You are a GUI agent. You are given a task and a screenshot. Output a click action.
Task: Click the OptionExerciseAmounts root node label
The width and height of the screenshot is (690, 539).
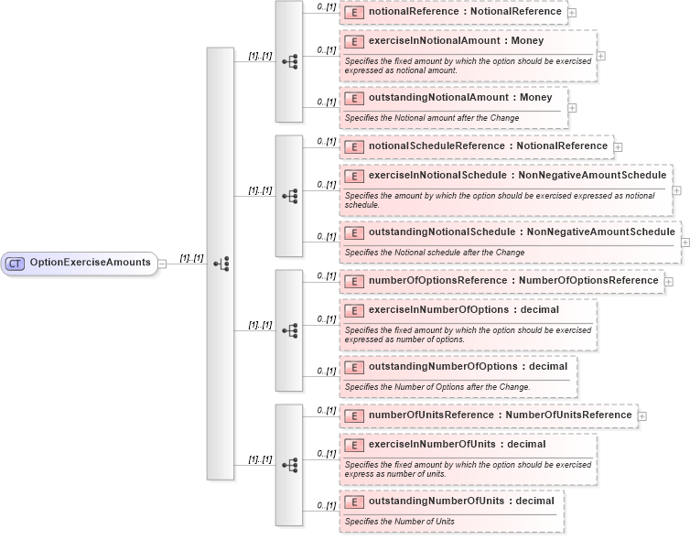(x=90, y=263)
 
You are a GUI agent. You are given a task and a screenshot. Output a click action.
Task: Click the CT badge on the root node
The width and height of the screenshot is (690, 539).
(x=15, y=263)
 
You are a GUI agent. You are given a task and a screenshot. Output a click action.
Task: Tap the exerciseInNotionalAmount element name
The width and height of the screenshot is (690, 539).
(x=456, y=41)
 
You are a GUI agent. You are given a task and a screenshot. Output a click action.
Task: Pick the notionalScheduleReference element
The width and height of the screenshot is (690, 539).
(x=488, y=146)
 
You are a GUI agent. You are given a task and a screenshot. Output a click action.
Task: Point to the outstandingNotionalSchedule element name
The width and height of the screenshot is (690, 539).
(x=521, y=232)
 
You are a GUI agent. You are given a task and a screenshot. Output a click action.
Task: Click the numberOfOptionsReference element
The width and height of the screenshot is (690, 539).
(x=512, y=280)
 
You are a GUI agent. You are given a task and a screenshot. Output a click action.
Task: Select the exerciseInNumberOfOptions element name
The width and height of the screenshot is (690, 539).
(x=463, y=309)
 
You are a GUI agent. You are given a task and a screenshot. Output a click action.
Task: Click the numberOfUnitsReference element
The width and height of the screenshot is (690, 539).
(x=500, y=415)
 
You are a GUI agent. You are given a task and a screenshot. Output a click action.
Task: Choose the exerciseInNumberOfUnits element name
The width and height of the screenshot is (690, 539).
(x=457, y=444)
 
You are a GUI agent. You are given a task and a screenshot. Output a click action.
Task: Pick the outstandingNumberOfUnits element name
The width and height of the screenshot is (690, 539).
(x=460, y=501)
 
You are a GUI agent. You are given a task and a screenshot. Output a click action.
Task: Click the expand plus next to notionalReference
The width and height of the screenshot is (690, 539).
(x=572, y=13)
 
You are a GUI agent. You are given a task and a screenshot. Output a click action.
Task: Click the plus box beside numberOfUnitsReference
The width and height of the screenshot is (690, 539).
(x=642, y=415)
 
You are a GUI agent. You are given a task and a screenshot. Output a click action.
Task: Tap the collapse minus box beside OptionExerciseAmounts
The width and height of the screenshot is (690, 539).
(x=162, y=263)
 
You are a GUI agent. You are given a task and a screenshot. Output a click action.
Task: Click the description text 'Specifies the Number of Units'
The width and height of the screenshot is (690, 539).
(x=399, y=522)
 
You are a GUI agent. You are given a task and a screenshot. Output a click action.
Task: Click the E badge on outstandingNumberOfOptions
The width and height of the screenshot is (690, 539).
(x=353, y=367)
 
